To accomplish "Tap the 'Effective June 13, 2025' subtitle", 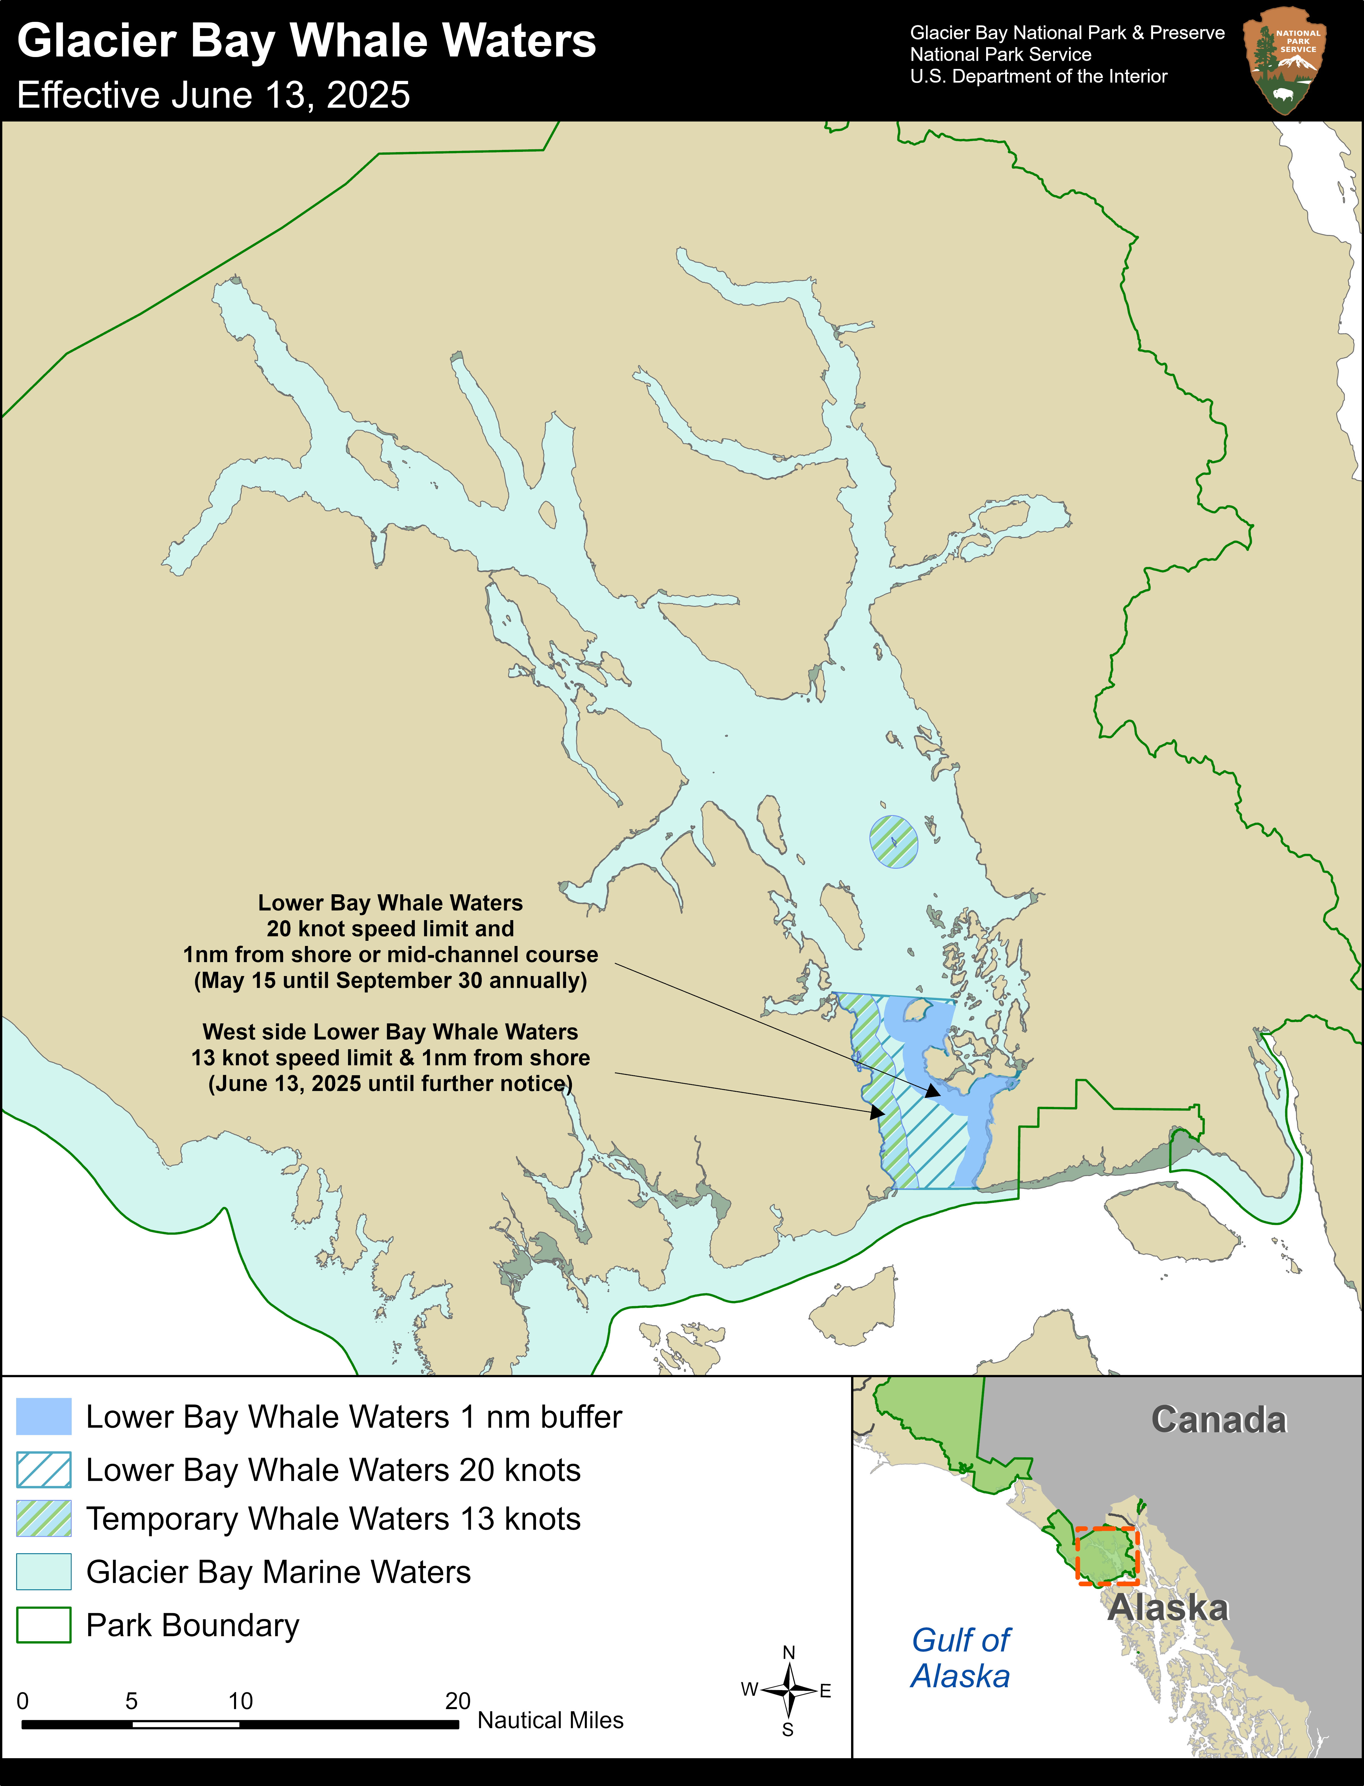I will click(214, 95).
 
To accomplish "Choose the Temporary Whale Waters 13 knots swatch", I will click(44, 1519).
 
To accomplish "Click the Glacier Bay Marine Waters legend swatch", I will click(44, 1571).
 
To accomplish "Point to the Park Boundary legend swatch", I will click(44, 1625).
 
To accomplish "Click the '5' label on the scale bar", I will click(132, 1701).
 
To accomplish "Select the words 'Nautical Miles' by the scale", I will click(550, 1720).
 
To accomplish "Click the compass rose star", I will click(788, 1691).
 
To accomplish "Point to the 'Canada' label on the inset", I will click(1219, 1420).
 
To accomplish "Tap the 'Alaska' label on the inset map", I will click(1168, 1608).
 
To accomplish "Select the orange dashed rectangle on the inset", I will click(1108, 1555).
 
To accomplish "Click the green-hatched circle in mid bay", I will click(894, 841).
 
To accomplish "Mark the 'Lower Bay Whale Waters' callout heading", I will click(391, 903).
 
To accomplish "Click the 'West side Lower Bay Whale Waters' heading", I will click(391, 1032).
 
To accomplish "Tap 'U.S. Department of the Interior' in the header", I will click(1038, 76).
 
